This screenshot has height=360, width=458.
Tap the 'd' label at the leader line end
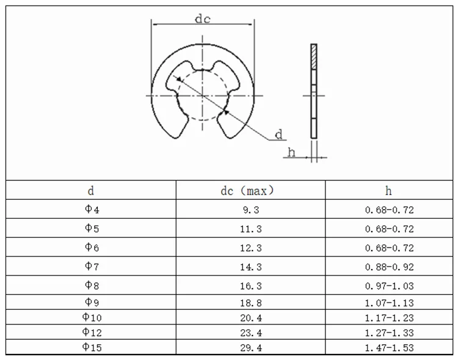278,134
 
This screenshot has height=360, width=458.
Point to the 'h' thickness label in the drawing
292,152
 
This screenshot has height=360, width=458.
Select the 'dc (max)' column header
247,191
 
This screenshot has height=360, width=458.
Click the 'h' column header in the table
390,191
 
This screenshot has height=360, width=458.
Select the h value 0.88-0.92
390,267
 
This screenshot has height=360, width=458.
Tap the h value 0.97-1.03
390,286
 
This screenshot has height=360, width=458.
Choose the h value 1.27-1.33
390,332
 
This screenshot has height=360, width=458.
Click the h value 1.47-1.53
390,347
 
